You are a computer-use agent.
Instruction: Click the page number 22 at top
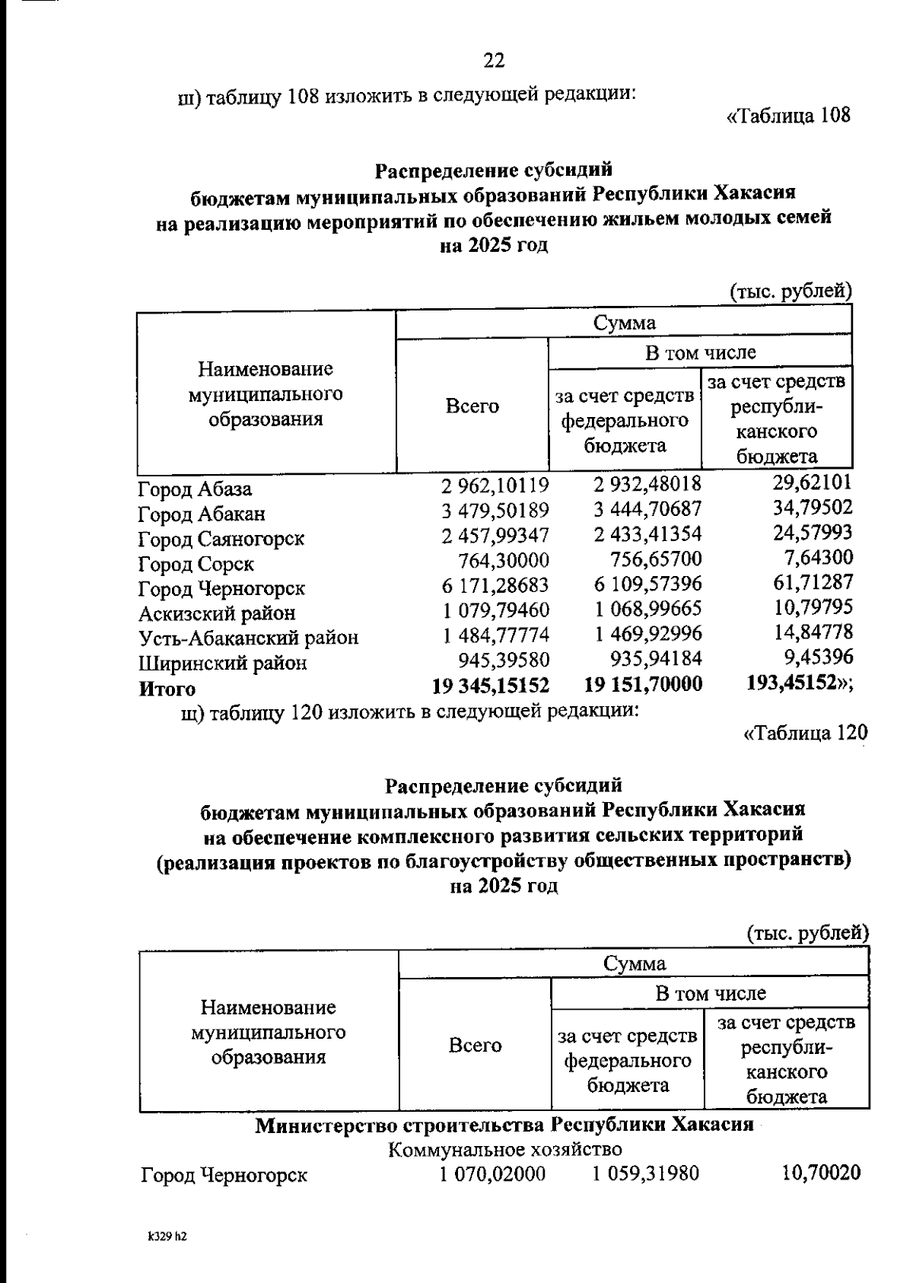click(494, 60)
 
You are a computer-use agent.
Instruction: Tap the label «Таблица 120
click(805, 733)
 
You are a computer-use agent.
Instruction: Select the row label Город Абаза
click(195, 489)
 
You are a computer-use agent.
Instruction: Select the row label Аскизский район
click(217, 613)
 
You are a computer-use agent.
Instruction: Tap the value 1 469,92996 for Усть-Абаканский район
click(648, 633)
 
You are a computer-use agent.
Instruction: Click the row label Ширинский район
click(222, 663)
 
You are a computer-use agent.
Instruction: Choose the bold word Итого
click(167, 689)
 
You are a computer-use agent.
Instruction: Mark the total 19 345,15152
click(491, 685)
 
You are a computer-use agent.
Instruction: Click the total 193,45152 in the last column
click(797, 683)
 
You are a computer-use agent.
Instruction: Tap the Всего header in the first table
click(472, 406)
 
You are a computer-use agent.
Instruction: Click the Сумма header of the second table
click(635, 963)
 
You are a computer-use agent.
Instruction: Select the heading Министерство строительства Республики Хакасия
click(504, 1125)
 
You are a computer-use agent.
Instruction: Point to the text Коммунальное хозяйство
click(505, 1149)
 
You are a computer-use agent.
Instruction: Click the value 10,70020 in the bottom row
click(821, 1173)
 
